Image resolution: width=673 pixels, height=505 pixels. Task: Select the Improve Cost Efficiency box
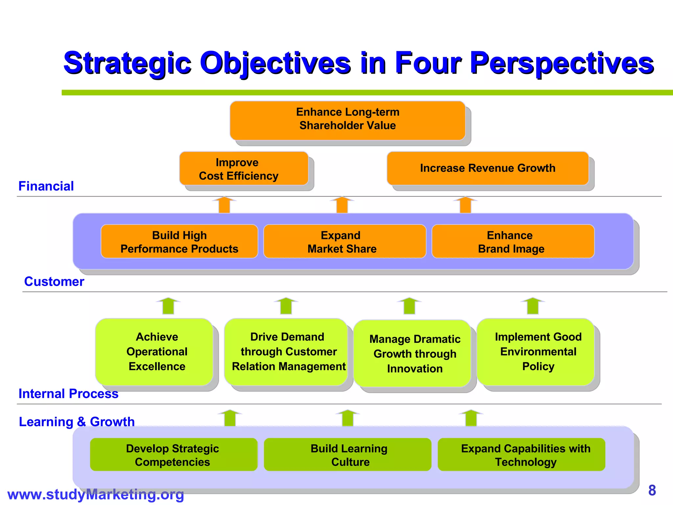click(x=244, y=169)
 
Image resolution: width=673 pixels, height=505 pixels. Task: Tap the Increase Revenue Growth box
click(x=487, y=168)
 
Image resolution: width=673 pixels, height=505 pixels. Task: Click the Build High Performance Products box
click(x=179, y=242)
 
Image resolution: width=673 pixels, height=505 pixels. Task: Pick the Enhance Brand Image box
click(x=513, y=242)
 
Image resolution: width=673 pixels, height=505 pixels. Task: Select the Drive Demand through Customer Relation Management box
click(x=286, y=352)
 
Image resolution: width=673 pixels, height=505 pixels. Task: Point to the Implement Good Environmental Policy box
click(x=536, y=352)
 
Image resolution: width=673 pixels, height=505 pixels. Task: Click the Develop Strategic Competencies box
click(x=174, y=455)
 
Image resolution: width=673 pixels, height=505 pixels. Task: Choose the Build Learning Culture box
click(x=347, y=455)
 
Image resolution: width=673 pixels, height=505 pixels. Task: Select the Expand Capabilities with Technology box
click(x=521, y=455)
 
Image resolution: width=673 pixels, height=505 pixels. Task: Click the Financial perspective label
click(x=46, y=186)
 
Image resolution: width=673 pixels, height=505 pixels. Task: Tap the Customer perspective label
click(x=54, y=282)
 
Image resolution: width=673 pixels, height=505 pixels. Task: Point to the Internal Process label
click(x=68, y=394)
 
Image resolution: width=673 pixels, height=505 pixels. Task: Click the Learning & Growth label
click(x=77, y=422)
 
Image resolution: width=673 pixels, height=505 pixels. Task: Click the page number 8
click(x=652, y=490)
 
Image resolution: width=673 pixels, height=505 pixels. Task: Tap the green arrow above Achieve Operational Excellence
click(x=168, y=306)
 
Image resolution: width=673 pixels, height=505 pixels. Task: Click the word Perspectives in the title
click(x=562, y=63)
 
